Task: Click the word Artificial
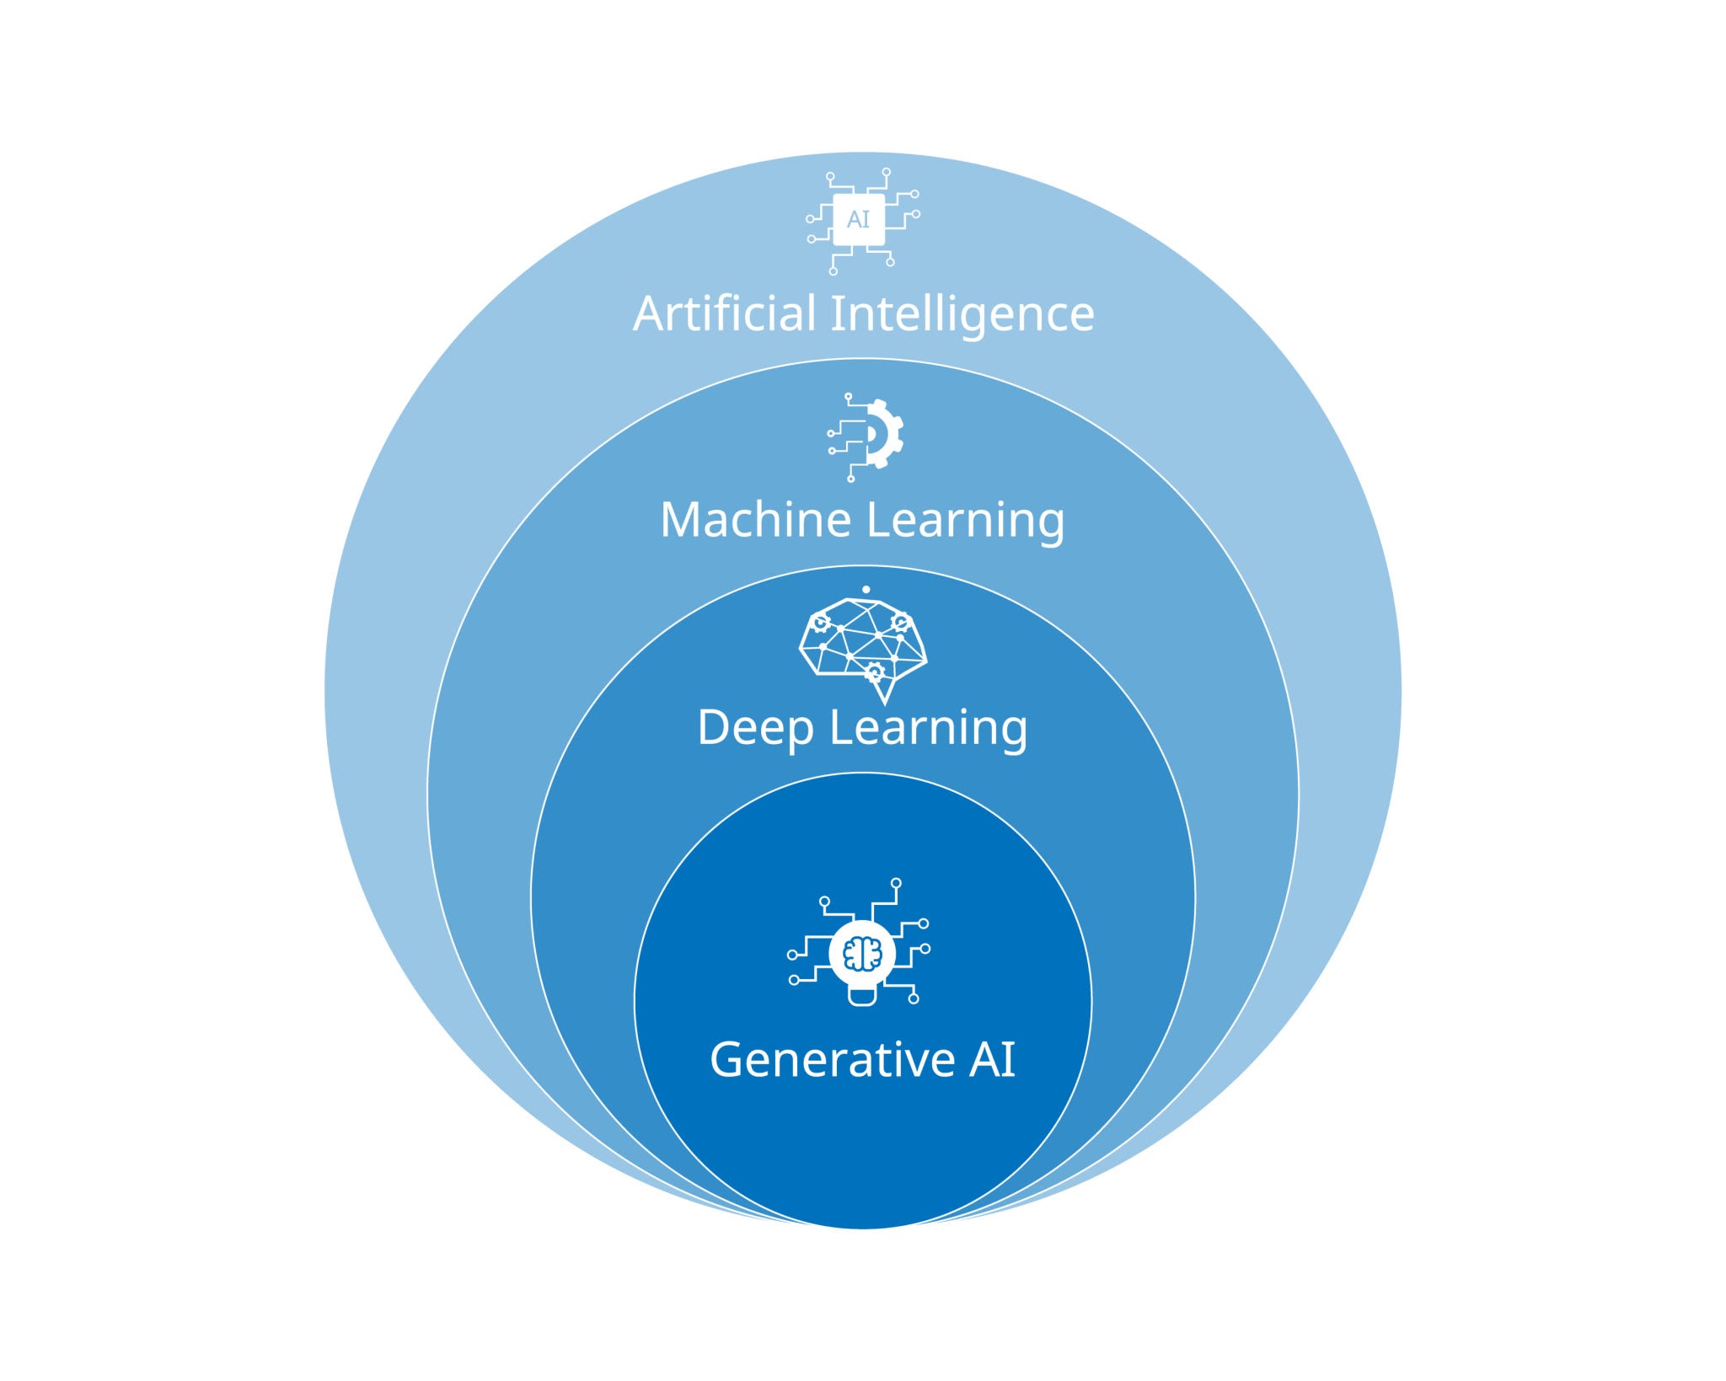pos(724,313)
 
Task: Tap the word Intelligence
pos(962,315)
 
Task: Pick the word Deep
pos(755,727)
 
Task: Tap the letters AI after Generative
pos(992,1059)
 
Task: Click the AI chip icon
pos(860,220)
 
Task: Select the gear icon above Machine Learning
pos(882,433)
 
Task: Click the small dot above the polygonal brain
pos(866,590)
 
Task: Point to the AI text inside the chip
pos(858,220)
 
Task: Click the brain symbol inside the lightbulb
pos(861,954)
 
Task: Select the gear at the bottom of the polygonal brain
pos(874,672)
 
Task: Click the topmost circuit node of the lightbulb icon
pos(896,883)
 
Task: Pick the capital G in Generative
pos(726,1059)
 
